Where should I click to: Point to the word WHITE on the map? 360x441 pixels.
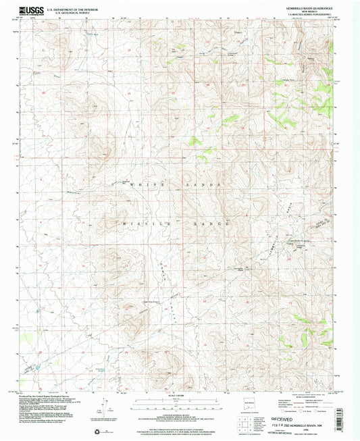144,184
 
